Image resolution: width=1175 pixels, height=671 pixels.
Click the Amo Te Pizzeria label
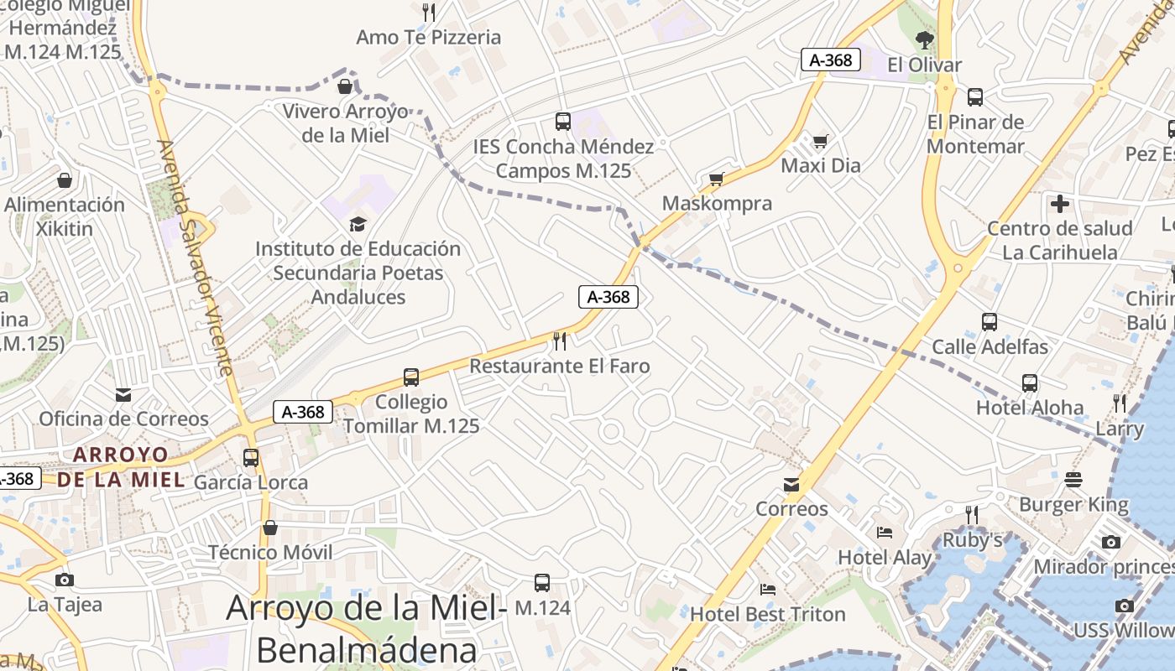click(x=428, y=38)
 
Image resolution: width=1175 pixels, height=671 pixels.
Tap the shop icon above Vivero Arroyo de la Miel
click(x=345, y=86)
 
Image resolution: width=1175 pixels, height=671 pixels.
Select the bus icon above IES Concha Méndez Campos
click(x=562, y=122)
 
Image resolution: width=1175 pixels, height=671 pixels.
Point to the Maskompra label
click(x=717, y=204)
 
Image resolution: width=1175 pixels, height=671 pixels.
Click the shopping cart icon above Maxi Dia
click(x=820, y=141)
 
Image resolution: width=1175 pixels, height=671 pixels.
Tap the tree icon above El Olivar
click(x=924, y=39)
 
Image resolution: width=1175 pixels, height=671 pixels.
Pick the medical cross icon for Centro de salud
click(x=1060, y=203)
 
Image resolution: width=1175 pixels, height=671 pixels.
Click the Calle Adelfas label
click(x=990, y=346)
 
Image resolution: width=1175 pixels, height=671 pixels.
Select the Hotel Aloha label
click(x=1029, y=408)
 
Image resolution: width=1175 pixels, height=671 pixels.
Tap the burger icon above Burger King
click(x=1073, y=480)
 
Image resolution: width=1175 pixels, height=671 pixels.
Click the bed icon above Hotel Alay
click(x=885, y=532)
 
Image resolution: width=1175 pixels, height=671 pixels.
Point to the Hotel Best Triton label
click(x=767, y=615)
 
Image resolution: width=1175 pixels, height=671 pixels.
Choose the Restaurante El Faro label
click(x=559, y=367)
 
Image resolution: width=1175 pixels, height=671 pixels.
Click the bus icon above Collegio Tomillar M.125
click(x=410, y=377)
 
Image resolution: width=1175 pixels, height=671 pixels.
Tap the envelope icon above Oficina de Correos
click(x=123, y=394)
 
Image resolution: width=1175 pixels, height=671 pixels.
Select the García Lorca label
click(x=251, y=482)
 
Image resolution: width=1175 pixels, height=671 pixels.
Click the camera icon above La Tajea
click(x=65, y=580)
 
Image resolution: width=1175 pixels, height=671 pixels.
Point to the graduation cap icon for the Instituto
click(x=358, y=224)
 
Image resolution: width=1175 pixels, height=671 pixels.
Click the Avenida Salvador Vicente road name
click(x=195, y=257)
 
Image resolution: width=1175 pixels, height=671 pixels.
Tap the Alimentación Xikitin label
click(x=65, y=216)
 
